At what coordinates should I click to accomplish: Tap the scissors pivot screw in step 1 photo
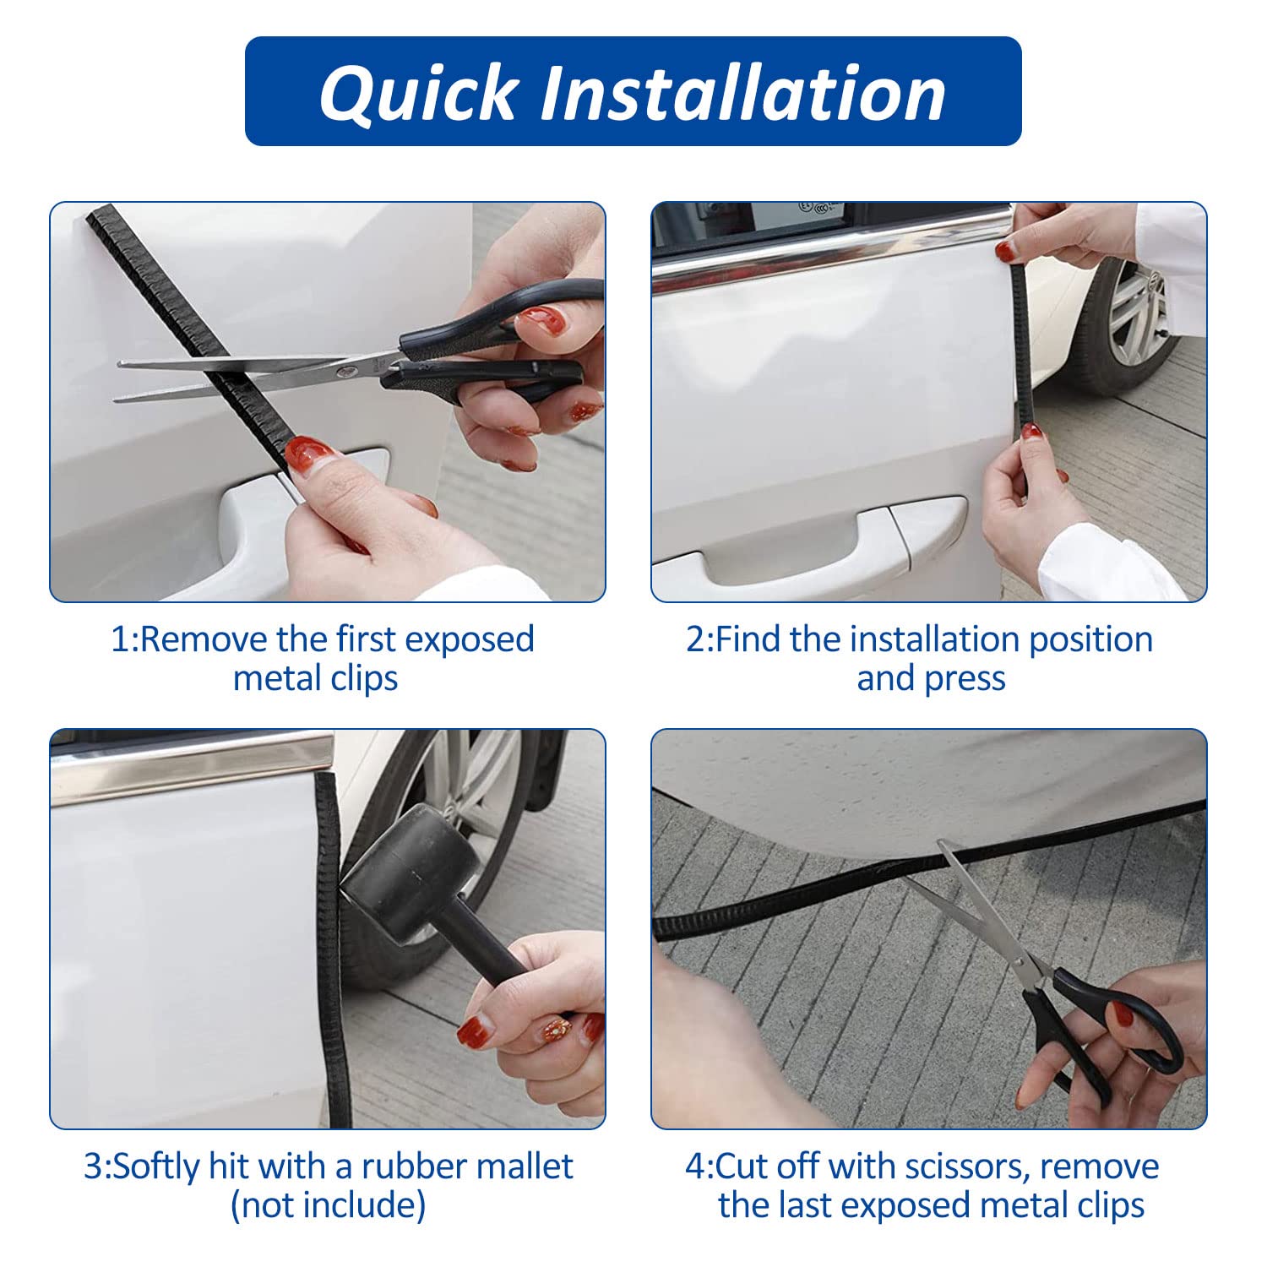342,370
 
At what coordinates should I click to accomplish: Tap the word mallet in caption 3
525,1166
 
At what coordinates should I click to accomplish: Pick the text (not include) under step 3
328,1205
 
